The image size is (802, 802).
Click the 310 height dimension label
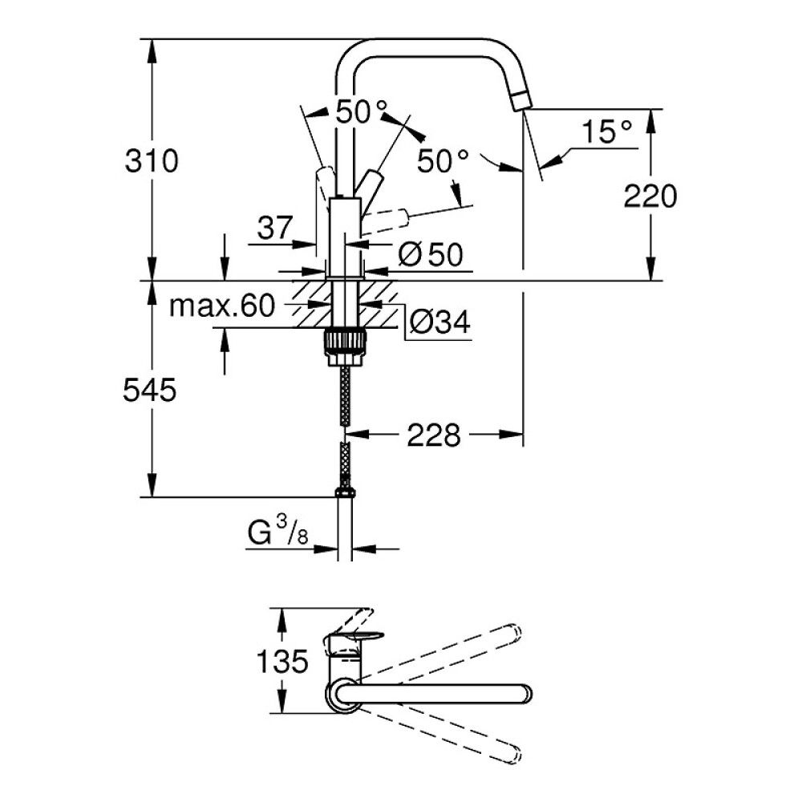151,161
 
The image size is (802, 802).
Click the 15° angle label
606,132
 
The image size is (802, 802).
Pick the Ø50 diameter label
431,255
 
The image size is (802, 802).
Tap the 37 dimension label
274,230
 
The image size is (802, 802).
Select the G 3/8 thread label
277,531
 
